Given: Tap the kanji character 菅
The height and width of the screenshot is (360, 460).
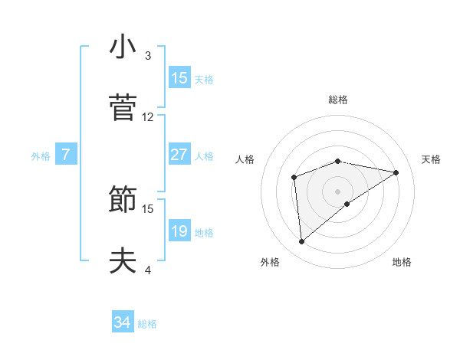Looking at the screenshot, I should pos(123,108).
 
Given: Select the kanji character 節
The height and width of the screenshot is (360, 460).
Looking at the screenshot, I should pos(123,200).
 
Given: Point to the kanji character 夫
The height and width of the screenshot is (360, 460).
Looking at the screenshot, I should pos(123,261).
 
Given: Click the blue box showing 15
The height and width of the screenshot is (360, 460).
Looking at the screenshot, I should pos(179,77).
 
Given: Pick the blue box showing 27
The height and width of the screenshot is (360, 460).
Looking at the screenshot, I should pos(179,154).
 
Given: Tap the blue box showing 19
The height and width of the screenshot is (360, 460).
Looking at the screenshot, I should pos(179,231).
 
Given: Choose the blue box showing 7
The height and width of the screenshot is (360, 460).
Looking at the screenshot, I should pos(66,155).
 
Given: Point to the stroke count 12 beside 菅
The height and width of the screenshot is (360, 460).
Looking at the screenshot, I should pos(148,117).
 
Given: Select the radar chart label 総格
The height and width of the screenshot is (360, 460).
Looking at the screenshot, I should pos(338,100).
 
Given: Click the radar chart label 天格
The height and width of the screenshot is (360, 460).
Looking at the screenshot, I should pos(432,159).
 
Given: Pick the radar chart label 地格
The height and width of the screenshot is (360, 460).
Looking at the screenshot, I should pos(402,262).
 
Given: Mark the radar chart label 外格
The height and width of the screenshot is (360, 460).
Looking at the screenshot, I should pos(270,262).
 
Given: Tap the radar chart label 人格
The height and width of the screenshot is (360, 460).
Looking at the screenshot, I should pos(245,159).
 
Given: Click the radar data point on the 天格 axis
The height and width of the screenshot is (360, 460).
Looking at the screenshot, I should pos(396,172).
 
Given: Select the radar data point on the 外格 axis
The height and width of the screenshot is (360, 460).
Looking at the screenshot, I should pos(302,242).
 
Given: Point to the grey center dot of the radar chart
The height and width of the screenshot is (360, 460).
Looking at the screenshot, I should pos(338,191).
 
